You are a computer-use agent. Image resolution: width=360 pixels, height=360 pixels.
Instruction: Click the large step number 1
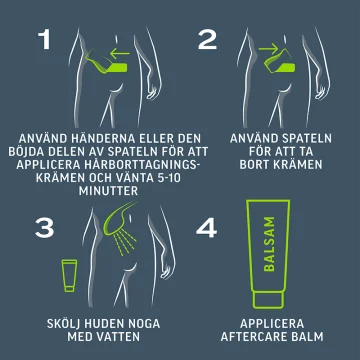tap(44, 40)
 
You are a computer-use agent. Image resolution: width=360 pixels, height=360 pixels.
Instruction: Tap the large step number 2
tap(207, 40)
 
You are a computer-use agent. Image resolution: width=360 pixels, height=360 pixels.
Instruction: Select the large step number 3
tap(44, 228)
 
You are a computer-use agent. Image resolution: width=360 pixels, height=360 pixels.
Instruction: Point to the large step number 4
tap(207, 228)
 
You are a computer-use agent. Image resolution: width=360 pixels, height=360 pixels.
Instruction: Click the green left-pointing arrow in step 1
tap(120, 52)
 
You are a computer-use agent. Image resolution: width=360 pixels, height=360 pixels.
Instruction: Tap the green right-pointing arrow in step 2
tap(268, 50)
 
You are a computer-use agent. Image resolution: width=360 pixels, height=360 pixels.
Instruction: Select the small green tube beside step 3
tap(69, 276)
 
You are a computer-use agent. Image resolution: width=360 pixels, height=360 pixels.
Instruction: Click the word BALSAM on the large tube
tap(269, 244)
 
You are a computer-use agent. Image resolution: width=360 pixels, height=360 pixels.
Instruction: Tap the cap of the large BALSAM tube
tap(268, 299)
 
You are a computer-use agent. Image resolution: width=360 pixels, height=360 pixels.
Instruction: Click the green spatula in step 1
tap(106, 63)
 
